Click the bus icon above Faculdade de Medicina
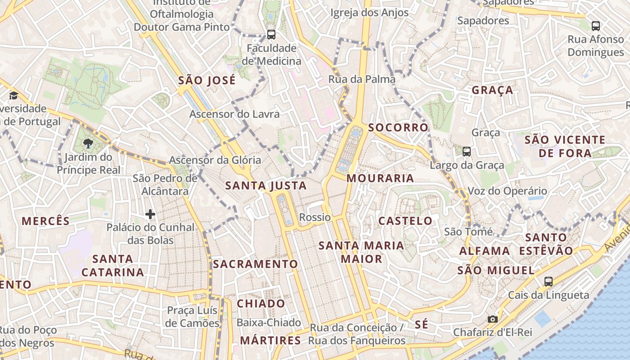coord(271,34)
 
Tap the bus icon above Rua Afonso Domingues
coord(595,26)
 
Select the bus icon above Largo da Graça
coord(467,152)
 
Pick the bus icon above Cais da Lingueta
coord(548,282)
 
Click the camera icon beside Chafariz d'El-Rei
coord(493,319)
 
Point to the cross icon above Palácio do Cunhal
coord(150,214)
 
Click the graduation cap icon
coord(13,95)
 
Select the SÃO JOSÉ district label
coord(207,81)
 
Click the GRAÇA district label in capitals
coord(492,90)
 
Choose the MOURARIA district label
coord(380,178)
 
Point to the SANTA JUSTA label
coord(266,185)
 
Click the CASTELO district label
coord(405,220)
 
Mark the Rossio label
coord(315,217)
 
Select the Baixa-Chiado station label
coord(269,322)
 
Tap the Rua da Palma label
coord(362,79)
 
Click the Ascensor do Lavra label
coord(234,114)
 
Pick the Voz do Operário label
coord(507,191)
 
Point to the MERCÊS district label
coord(46,221)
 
